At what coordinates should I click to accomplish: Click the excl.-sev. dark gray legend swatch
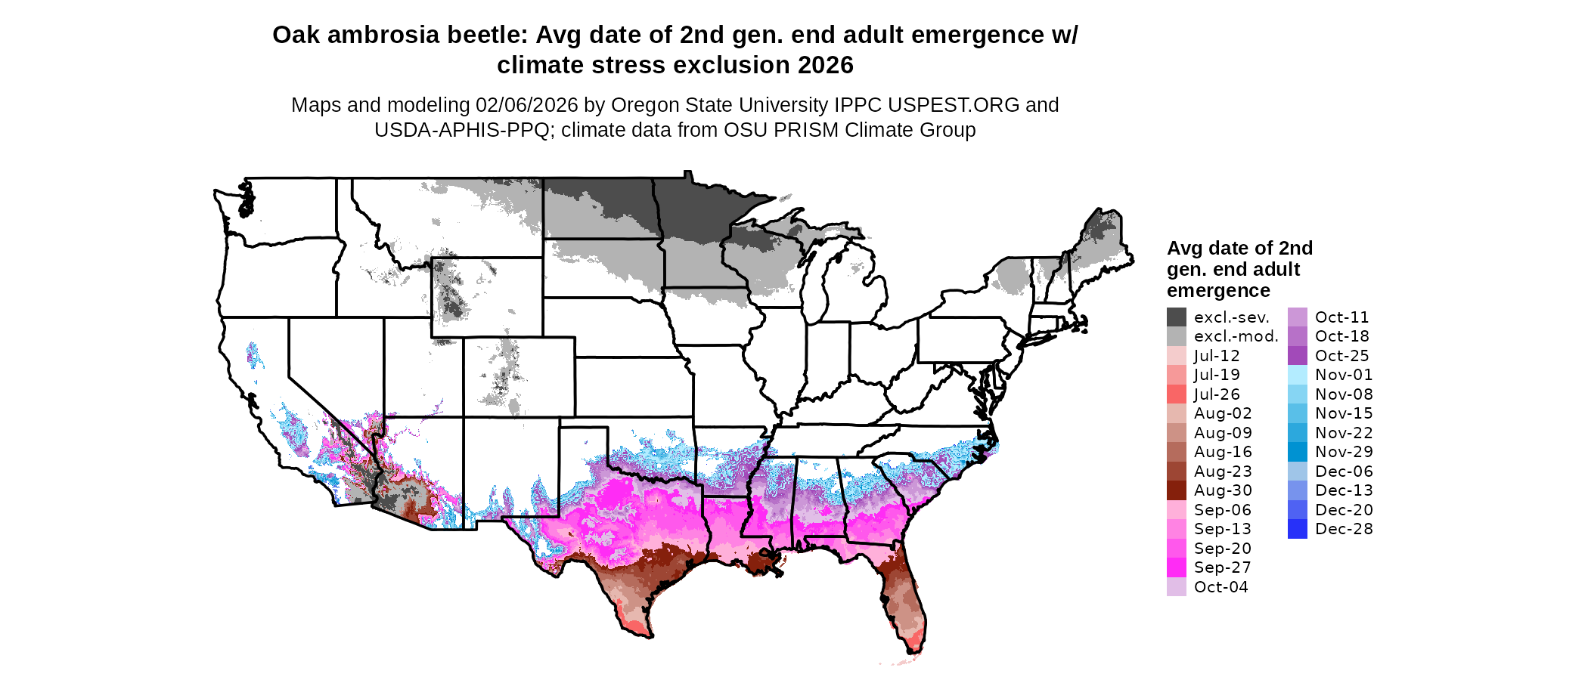click(1176, 317)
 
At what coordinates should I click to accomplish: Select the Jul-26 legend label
click(1217, 394)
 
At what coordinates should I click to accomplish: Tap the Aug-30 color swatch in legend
click(1176, 490)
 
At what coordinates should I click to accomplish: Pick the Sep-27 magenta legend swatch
click(1176, 567)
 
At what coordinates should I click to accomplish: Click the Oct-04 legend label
click(1220, 587)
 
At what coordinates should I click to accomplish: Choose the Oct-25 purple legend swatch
click(1297, 356)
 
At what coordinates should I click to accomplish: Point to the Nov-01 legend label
click(1343, 375)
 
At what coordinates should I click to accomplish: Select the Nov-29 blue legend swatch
click(1297, 452)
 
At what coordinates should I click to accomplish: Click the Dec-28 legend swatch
click(1297, 529)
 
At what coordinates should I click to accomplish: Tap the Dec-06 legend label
click(1343, 471)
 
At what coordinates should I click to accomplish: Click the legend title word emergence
click(1218, 291)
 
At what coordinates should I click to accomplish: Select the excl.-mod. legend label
click(1236, 336)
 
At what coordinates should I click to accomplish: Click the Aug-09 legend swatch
click(1176, 433)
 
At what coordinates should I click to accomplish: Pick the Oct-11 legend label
click(1341, 317)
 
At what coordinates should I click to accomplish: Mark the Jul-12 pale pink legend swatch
click(1176, 356)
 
